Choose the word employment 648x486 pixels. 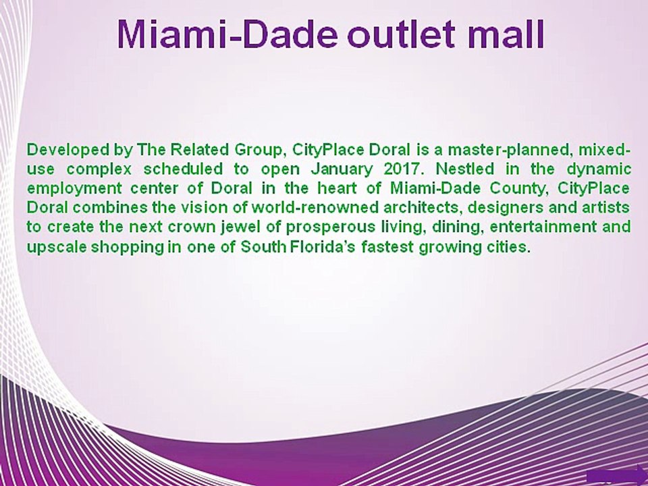click(x=74, y=189)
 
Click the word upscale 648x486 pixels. click(x=57, y=248)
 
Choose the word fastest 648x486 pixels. click(x=387, y=247)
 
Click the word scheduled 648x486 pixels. click(x=183, y=169)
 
